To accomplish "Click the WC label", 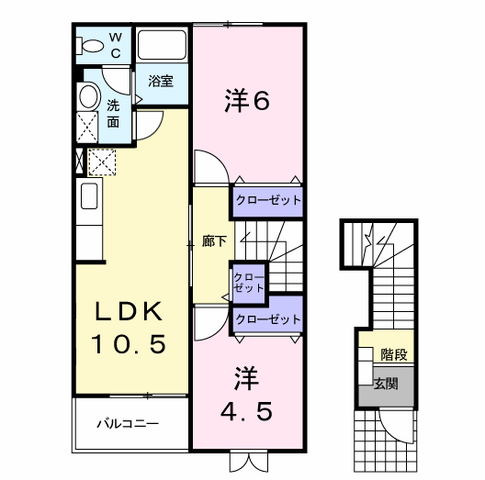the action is coord(116,46).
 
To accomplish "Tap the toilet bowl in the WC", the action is coord(90,46).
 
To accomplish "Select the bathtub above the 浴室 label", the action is coord(162,45).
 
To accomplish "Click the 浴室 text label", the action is coord(161,81).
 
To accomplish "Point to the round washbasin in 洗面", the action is coord(89,95).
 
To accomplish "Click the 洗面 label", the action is coord(113,114).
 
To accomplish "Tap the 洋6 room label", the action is coord(247,100).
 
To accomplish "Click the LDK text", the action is coord(129,311).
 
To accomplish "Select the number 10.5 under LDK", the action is coord(129,344).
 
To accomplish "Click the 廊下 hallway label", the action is coord(214,241).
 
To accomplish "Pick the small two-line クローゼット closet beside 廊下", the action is coord(249,283).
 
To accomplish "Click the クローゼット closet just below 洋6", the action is coord(268,201).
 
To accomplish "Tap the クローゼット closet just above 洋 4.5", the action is coord(268,318).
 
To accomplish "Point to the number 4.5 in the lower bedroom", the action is coord(246,411).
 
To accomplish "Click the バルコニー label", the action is coord(128,423).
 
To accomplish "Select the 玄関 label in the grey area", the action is coord(386,384).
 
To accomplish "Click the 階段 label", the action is coord(394,354).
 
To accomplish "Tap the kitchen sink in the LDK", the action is coord(89,195).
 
